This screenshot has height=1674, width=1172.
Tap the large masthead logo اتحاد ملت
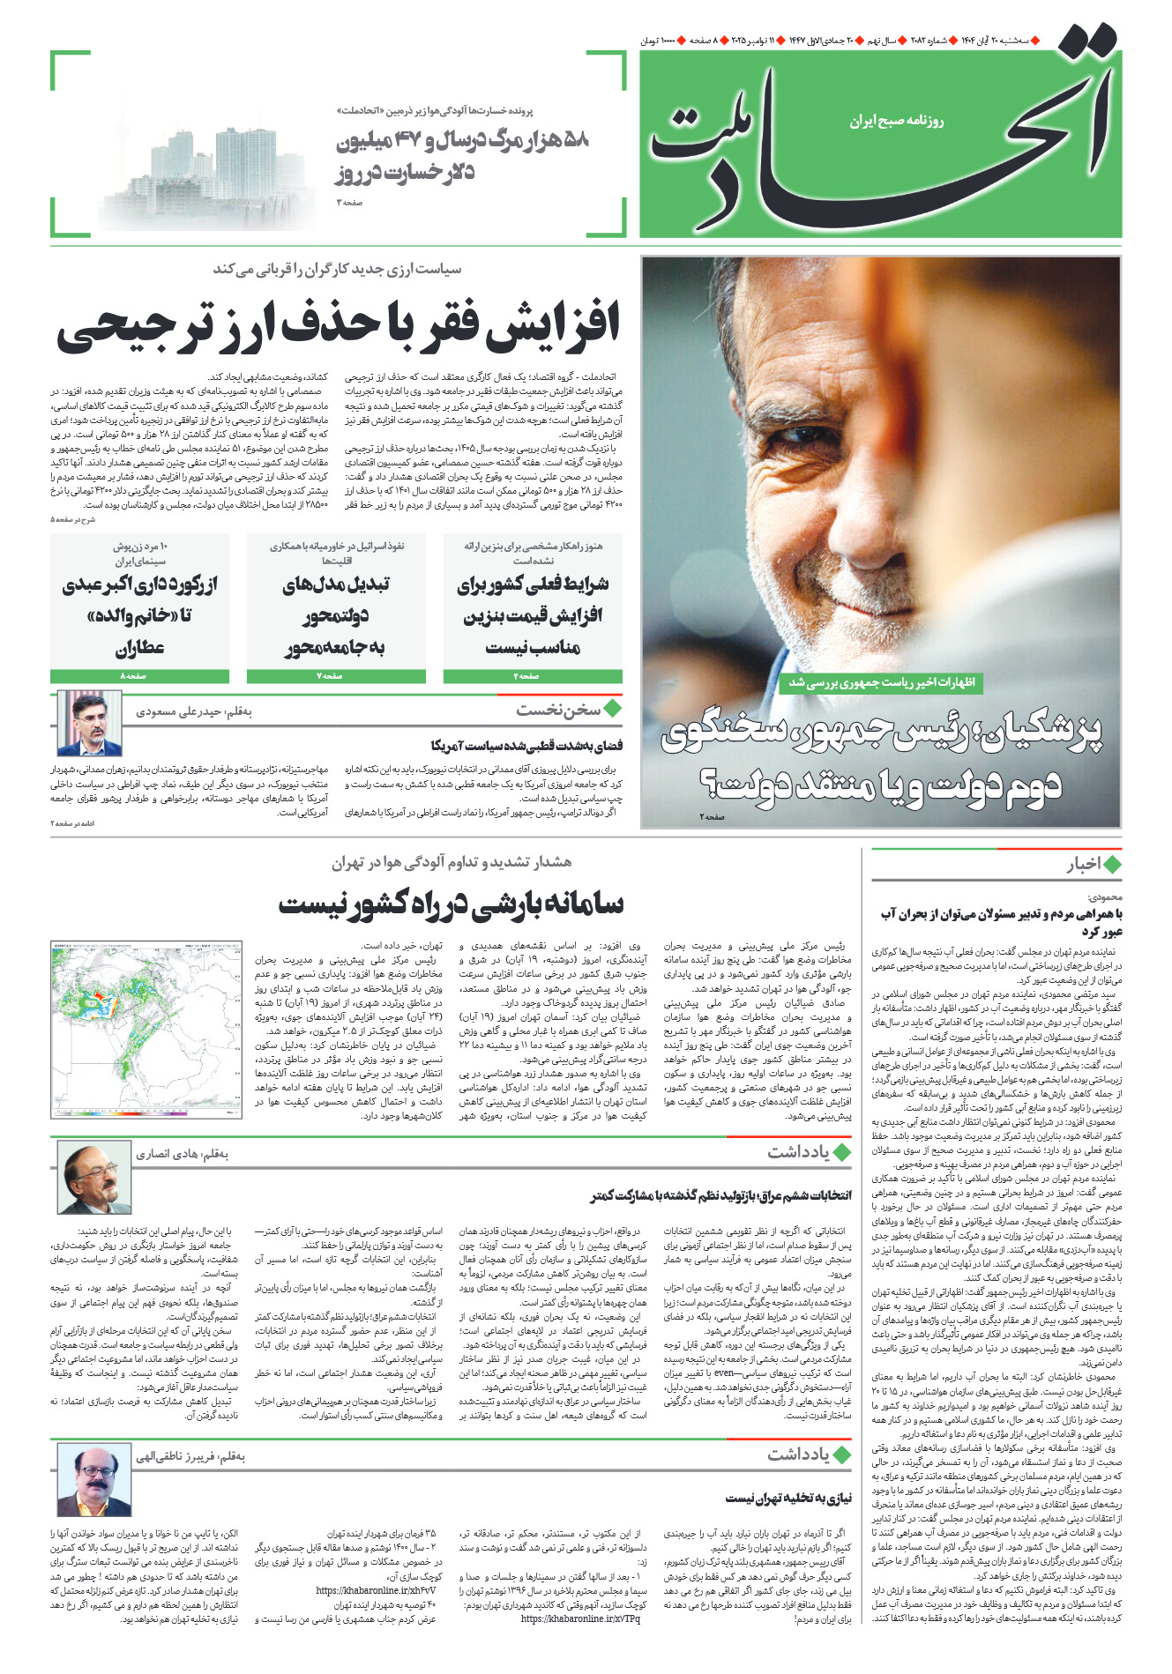[x=882, y=132]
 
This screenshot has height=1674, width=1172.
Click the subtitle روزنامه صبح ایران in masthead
[x=896, y=121]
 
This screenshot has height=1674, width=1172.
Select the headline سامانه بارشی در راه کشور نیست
[x=451, y=904]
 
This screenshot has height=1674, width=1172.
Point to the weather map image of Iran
[x=146, y=1030]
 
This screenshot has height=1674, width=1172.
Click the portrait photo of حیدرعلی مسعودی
[x=89, y=724]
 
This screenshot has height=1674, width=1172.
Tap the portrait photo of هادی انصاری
[x=93, y=1178]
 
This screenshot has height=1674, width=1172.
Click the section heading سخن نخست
[x=558, y=709]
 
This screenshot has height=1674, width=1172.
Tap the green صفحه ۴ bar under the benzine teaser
[x=532, y=676]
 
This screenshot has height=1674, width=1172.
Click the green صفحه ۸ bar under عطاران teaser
[x=139, y=676]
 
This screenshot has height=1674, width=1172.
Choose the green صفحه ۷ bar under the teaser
[x=335, y=676]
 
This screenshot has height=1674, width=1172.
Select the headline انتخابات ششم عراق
[x=720, y=1195]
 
